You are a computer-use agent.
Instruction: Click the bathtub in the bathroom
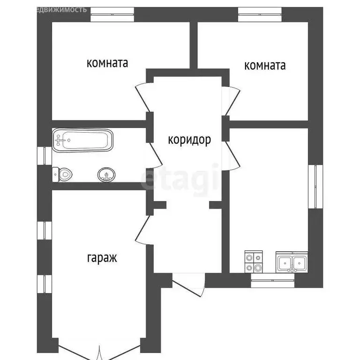click(x=82, y=140)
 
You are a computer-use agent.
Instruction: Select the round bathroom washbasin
click(x=106, y=175)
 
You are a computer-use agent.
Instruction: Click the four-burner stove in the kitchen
click(x=254, y=262)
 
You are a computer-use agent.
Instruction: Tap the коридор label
click(x=189, y=139)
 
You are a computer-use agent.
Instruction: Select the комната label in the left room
click(x=107, y=63)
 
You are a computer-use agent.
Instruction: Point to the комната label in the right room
click(x=265, y=65)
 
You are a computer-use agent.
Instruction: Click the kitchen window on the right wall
click(x=315, y=187)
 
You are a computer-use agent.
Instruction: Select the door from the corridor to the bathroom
click(x=155, y=155)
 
